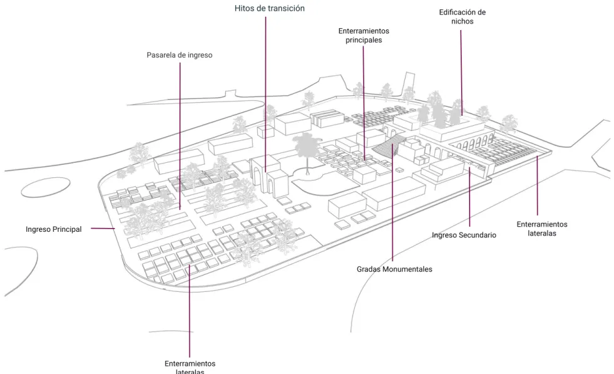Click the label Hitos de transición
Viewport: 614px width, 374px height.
click(269, 8)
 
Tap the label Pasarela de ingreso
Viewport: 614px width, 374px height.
click(180, 55)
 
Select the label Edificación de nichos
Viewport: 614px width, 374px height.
click(462, 17)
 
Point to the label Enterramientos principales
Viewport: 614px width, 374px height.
click(364, 35)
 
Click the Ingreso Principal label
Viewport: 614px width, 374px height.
click(54, 229)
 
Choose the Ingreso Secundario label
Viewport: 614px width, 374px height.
click(464, 235)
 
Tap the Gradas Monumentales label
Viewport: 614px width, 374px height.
click(394, 269)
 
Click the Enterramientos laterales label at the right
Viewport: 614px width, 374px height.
click(542, 229)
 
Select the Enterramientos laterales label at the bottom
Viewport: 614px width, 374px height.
click(190, 368)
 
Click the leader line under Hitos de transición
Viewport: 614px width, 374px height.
click(265, 94)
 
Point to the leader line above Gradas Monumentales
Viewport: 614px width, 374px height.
click(392, 202)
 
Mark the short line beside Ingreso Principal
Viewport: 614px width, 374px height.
click(103, 229)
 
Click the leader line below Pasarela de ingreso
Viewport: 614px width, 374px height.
click(180, 136)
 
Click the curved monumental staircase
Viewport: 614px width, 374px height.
click(387, 145)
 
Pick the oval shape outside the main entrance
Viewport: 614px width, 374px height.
click(46, 187)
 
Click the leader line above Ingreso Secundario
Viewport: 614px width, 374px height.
click(469, 197)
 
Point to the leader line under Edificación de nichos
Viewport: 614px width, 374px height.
click(461, 73)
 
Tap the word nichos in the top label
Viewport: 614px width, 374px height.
click(462, 21)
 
